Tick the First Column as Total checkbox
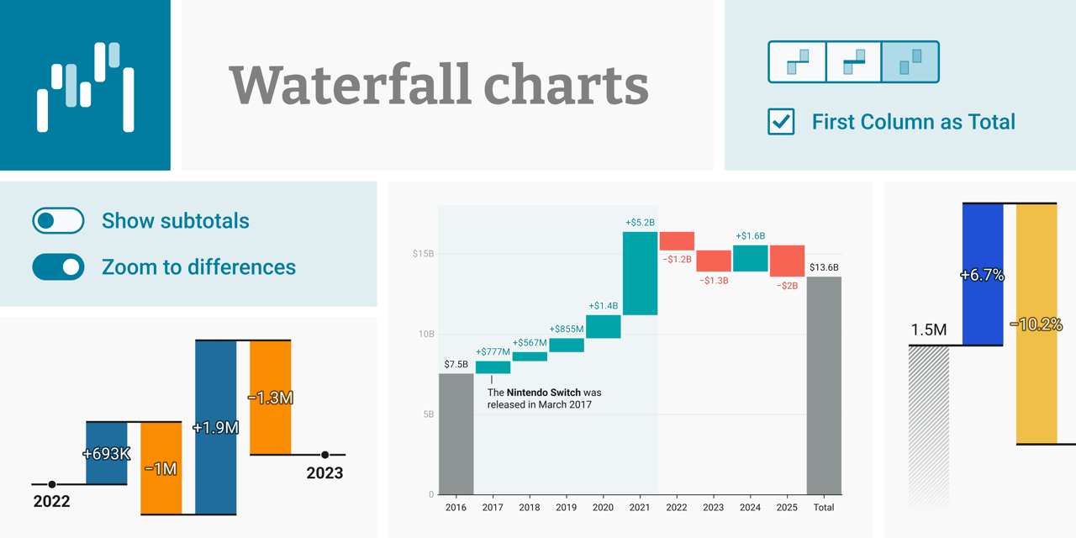coord(781,122)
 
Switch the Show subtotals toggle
coord(58,220)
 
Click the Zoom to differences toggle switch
coord(58,266)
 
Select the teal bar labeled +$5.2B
coord(640,273)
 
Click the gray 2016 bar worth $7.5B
coord(456,434)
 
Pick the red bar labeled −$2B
coord(787,261)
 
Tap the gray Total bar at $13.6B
coord(824,385)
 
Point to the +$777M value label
coord(493,351)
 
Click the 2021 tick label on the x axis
coord(640,507)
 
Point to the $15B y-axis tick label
coord(423,254)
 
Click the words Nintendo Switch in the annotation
coord(543,393)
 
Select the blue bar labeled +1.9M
coord(216,427)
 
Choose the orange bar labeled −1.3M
coord(271,398)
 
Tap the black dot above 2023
coord(325,455)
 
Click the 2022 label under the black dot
coord(51,501)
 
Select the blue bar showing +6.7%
coord(983,274)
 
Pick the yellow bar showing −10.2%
coord(1036,324)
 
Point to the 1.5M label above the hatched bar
coord(929,330)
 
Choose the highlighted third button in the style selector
coord(910,62)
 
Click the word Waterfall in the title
coord(351,85)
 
